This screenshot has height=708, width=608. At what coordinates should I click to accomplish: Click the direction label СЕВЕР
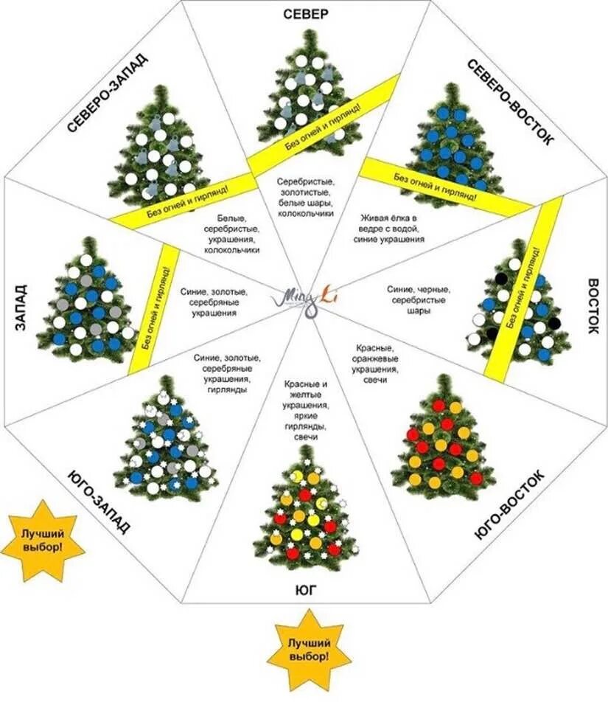tap(305, 14)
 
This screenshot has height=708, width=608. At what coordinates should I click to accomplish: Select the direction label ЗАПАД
tap(20, 307)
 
